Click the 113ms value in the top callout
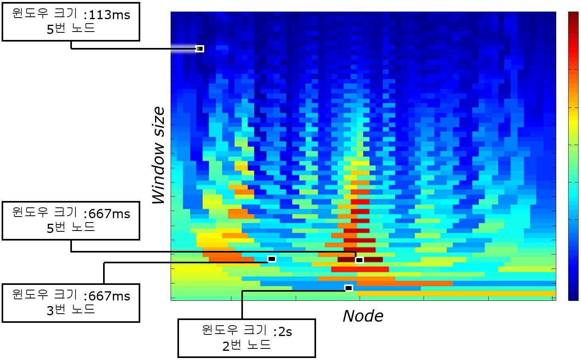point(109,15)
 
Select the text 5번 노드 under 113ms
point(71,28)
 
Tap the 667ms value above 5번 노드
point(109,214)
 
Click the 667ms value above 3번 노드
point(109,296)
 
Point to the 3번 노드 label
point(71,309)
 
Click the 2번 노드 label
point(247,345)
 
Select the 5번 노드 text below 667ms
point(71,227)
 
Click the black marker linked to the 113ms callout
point(199,49)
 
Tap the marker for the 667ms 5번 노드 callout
point(359,260)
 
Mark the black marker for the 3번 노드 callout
point(272,259)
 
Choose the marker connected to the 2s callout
point(348,288)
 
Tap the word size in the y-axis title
point(158,121)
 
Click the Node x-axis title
point(363,316)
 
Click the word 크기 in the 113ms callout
point(65,13)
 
